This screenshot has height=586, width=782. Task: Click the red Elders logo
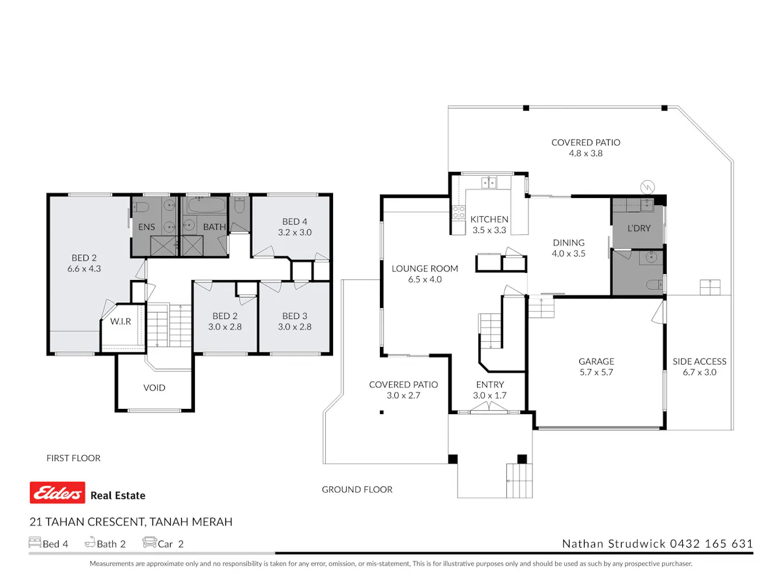click(x=57, y=492)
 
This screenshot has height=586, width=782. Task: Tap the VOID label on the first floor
click(x=154, y=387)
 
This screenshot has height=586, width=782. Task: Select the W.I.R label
click(x=121, y=321)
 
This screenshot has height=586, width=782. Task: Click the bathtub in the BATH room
click(x=207, y=205)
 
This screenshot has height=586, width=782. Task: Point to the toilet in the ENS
click(x=141, y=206)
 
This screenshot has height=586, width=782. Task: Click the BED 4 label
click(x=295, y=221)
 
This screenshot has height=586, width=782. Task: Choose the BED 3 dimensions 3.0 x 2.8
click(x=295, y=327)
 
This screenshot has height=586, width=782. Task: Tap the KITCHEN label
click(x=489, y=219)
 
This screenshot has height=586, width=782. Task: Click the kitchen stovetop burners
click(x=459, y=212)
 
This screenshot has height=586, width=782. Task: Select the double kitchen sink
click(x=489, y=183)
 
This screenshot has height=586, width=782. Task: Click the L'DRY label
click(x=639, y=228)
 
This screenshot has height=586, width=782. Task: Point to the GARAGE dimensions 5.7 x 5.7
click(x=596, y=372)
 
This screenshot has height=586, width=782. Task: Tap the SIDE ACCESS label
click(x=699, y=361)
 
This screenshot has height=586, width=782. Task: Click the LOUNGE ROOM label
click(x=425, y=269)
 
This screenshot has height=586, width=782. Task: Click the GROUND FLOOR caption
click(x=357, y=490)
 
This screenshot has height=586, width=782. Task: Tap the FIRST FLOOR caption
click(x=74, y=458)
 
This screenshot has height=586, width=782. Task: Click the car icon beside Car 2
click(x=149, y=542)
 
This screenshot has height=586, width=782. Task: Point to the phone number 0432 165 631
click(x=712, y=544)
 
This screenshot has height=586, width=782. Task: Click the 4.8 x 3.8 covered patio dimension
click(x=586, y=154)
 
